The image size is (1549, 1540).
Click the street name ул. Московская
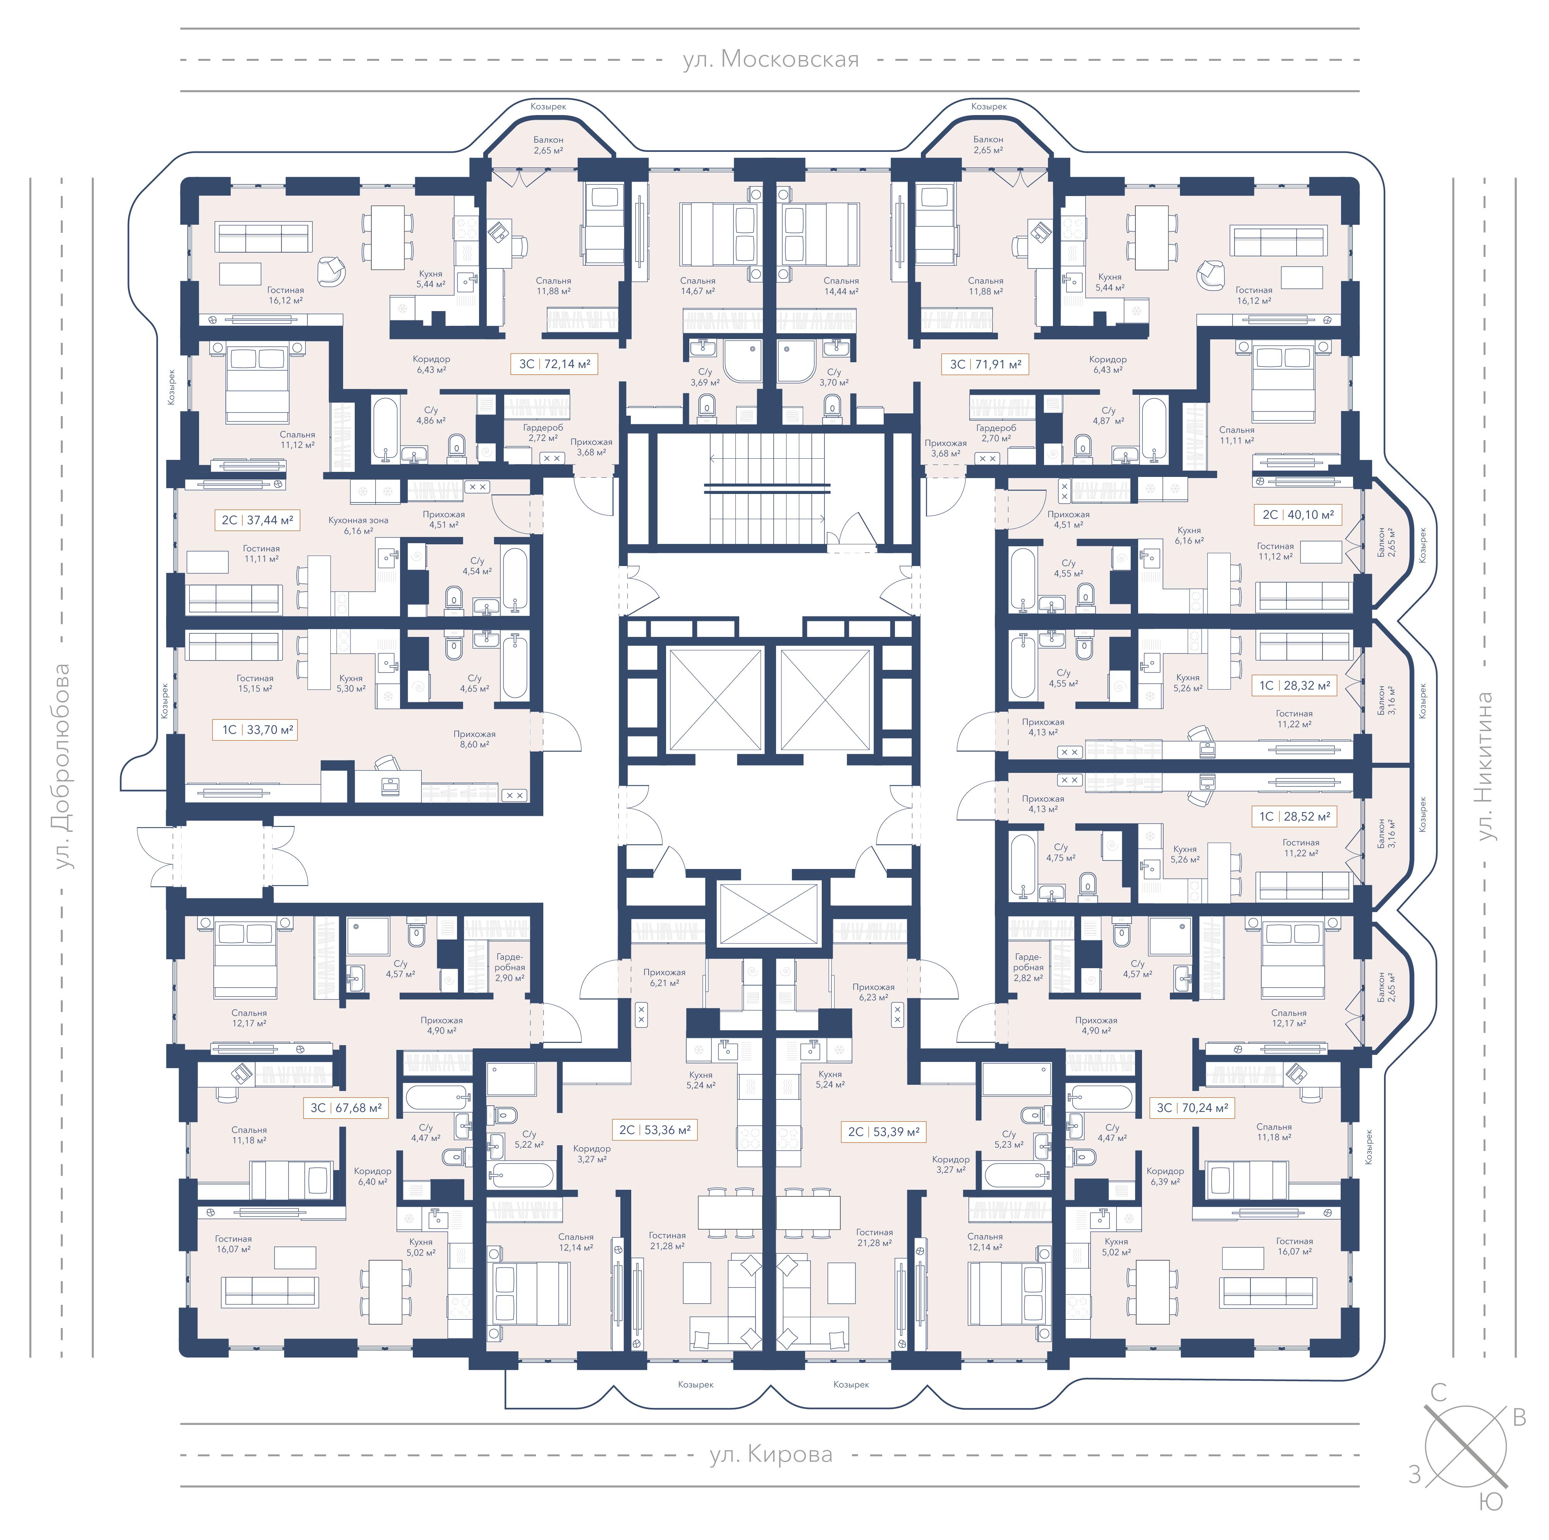[771, 59]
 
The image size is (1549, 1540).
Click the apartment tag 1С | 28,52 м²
[1294, 817]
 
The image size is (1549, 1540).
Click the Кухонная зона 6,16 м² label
[358, 525]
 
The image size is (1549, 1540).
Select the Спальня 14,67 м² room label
[697, 286]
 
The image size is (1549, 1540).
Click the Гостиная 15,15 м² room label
[255, 683]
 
